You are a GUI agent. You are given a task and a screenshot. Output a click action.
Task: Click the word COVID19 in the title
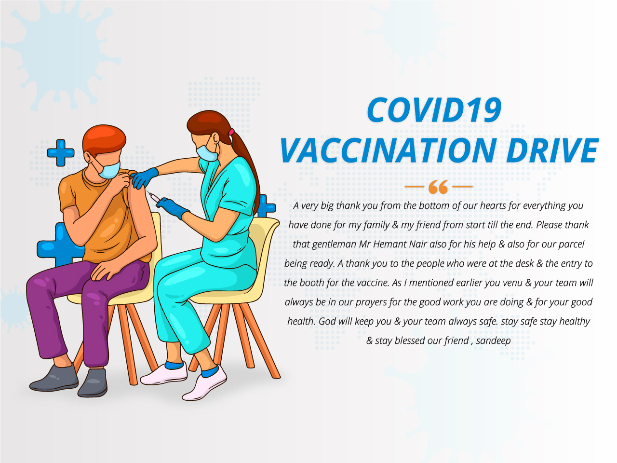click(434, 109)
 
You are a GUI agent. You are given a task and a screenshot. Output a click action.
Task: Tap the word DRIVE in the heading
click(552, 150)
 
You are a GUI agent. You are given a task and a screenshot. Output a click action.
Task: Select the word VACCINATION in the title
click(389, 150)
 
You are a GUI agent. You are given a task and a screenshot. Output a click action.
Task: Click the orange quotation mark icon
click(438, 187)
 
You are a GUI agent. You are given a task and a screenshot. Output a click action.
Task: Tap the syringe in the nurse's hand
click(153, 196)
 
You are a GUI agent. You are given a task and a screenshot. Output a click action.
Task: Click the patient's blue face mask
click(109, 169)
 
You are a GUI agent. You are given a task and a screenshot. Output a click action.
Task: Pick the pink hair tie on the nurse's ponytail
click(231, 132)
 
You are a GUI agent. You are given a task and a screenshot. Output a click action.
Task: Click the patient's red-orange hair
click(104, 139)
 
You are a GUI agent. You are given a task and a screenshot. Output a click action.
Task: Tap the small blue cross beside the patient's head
click(61, 153)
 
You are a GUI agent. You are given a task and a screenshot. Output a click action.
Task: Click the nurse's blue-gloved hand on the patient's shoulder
click(144, 177)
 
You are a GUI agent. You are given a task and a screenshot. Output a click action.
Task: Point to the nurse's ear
click(216, 138)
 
